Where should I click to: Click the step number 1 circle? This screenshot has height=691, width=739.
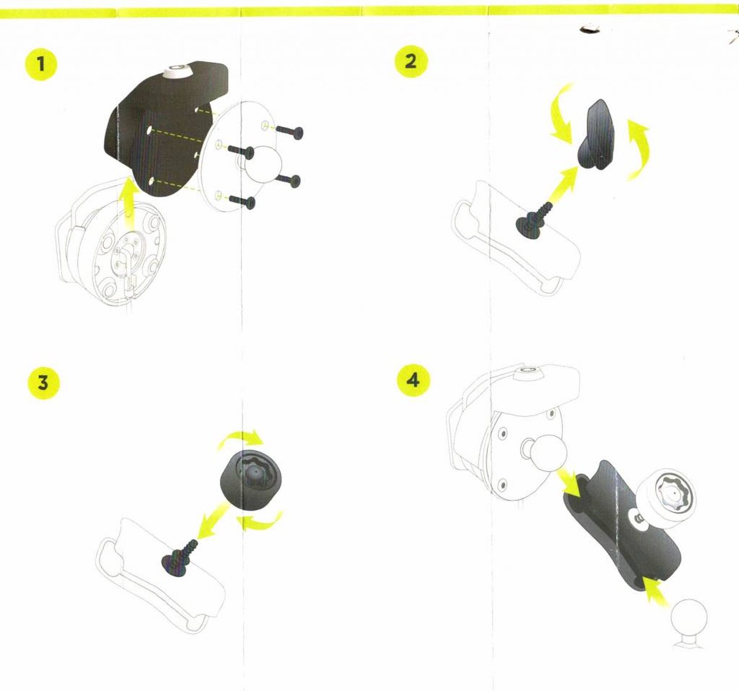click(41, 64)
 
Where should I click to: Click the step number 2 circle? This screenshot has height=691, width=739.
click(411, 62)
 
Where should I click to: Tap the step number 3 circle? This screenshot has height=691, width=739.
click(42, 383)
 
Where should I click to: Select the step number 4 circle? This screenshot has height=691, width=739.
click(413, 380)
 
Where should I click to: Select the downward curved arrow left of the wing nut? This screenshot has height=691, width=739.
click(562, 117)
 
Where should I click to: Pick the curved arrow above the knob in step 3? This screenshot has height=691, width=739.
click(241, 439)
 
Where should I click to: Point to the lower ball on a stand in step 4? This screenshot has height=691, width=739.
click(688, 619)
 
